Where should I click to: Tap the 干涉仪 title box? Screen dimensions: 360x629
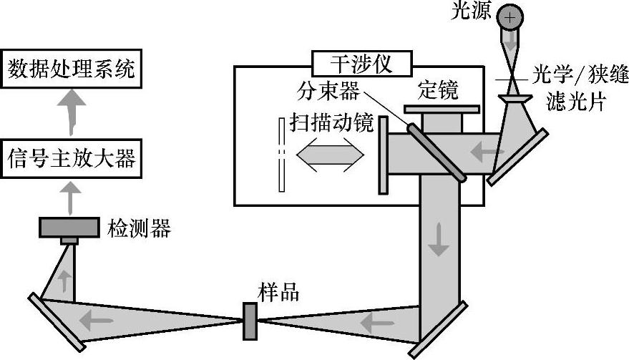tap(361, 64)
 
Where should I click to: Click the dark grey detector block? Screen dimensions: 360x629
tap(69, 227)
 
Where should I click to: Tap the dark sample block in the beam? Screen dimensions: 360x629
tap(250, 320)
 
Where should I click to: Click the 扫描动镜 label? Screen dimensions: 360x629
tap(331, 123)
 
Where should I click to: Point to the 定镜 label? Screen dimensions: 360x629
tap(437, 90)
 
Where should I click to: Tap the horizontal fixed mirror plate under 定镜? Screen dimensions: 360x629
tap(442, 110)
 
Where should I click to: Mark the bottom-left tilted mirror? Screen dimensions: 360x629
tap(57, 321)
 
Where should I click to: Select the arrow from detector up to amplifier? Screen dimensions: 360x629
tap(69, 197)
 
